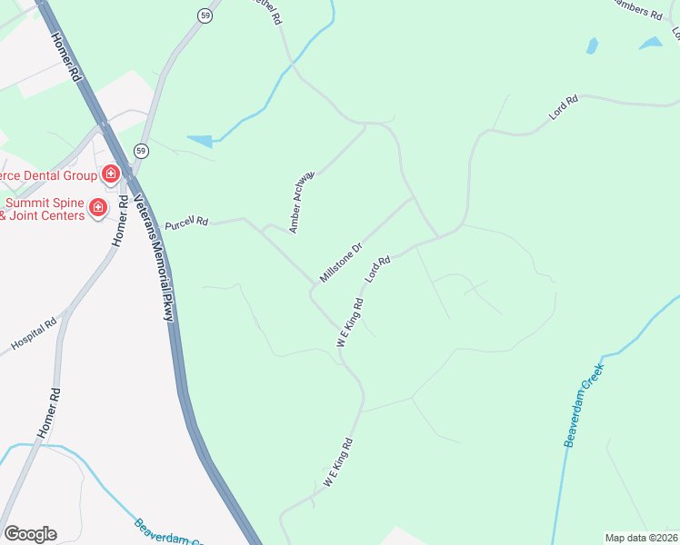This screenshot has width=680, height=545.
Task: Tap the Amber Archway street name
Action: coord(302,201)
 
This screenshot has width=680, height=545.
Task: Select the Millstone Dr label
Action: coord(341,263)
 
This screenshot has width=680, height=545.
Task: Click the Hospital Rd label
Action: coord(34,334)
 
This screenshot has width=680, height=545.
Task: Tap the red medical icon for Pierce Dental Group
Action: coord(110,173)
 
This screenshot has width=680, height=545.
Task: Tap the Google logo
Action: coord(30,534)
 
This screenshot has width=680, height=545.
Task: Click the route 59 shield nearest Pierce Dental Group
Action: coord(140,150)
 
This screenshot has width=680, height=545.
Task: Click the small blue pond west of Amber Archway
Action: coord(200,141)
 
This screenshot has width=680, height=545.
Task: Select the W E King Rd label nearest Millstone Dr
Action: coord(350,322)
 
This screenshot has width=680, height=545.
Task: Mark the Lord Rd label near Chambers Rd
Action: coord(564,110)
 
